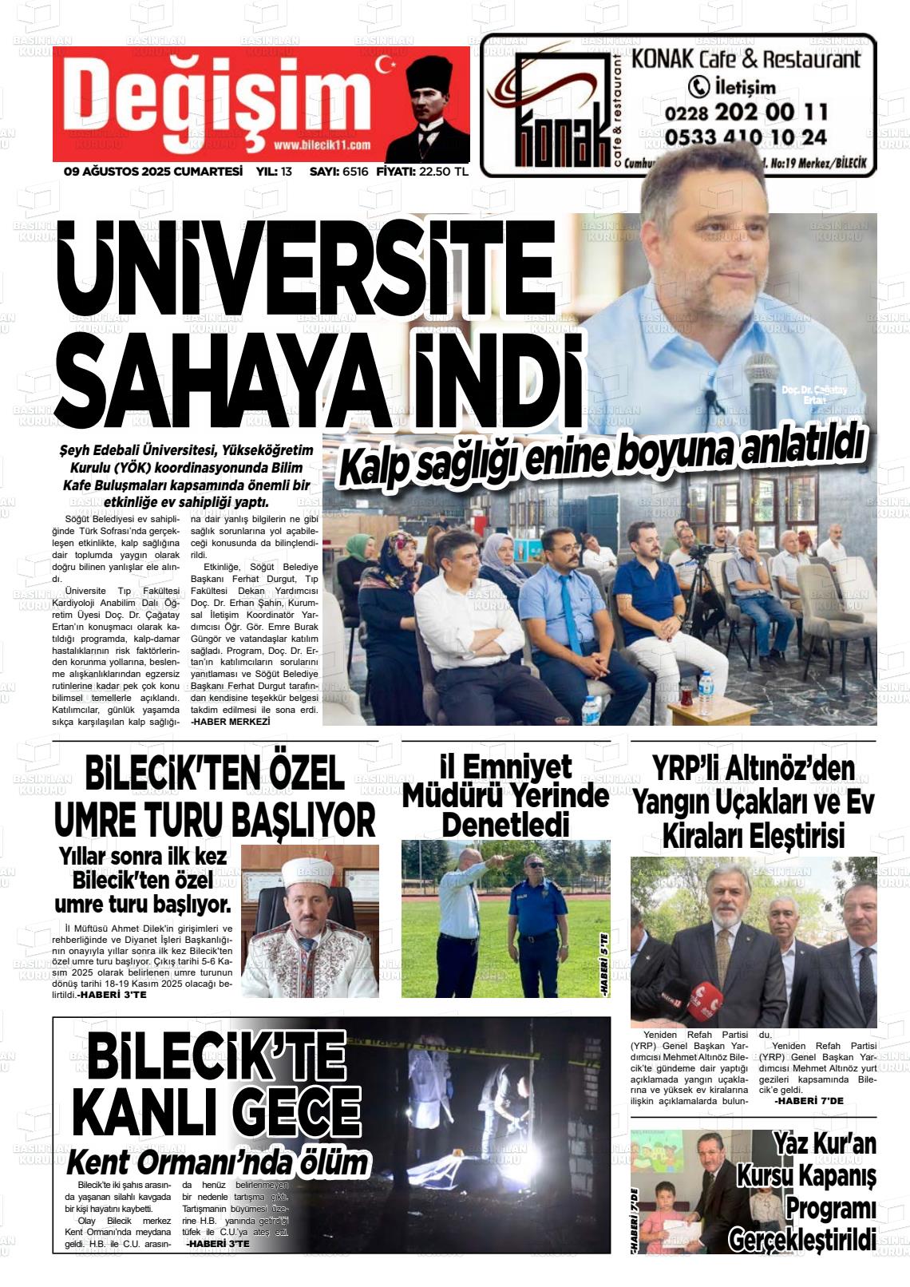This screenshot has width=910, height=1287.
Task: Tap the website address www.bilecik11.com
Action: tap(322, 145)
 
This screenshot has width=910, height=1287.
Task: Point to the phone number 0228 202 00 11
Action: tap(734, 112)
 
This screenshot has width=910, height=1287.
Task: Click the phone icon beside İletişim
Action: tap(698, 87)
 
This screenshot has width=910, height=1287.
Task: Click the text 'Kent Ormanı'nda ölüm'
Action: tap(218, 1162)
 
